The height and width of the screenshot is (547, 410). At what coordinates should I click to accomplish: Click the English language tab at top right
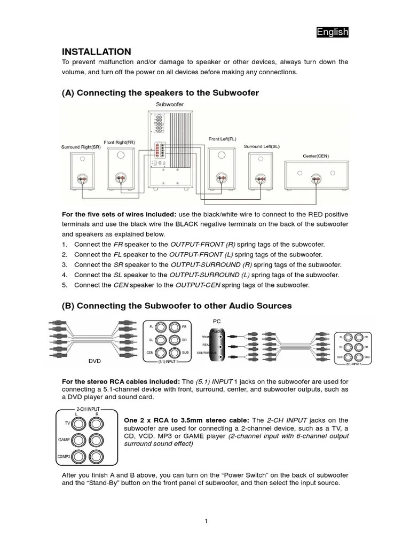tap(332, 33)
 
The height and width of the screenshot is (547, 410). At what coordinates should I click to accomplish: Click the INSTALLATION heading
tap(96, 52)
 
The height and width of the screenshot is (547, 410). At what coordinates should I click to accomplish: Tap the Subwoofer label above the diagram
tap(169, 104)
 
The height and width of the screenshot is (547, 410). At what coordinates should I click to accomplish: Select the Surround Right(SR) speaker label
tap(81, 146)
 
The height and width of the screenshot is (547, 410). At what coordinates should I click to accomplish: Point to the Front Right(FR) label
tap(119, 142)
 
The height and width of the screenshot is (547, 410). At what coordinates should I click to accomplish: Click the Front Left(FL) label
tap(222, 139)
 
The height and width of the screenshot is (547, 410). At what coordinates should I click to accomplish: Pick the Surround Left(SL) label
tap(262, 146)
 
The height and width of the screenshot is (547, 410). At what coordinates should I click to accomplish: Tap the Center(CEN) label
tap(316, 156)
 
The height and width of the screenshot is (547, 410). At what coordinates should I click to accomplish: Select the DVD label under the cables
tap(94, 361)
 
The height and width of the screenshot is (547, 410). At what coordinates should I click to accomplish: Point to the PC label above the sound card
tap(217, 322)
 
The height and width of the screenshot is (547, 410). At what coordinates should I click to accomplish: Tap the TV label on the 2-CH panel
tap(67, 423)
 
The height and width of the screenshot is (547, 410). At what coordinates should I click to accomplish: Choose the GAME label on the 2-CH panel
tap(64, 440)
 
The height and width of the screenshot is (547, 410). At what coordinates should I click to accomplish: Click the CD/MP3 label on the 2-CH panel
tap(64, 457)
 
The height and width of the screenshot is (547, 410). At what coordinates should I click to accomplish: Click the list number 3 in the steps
tap(64, 265)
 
